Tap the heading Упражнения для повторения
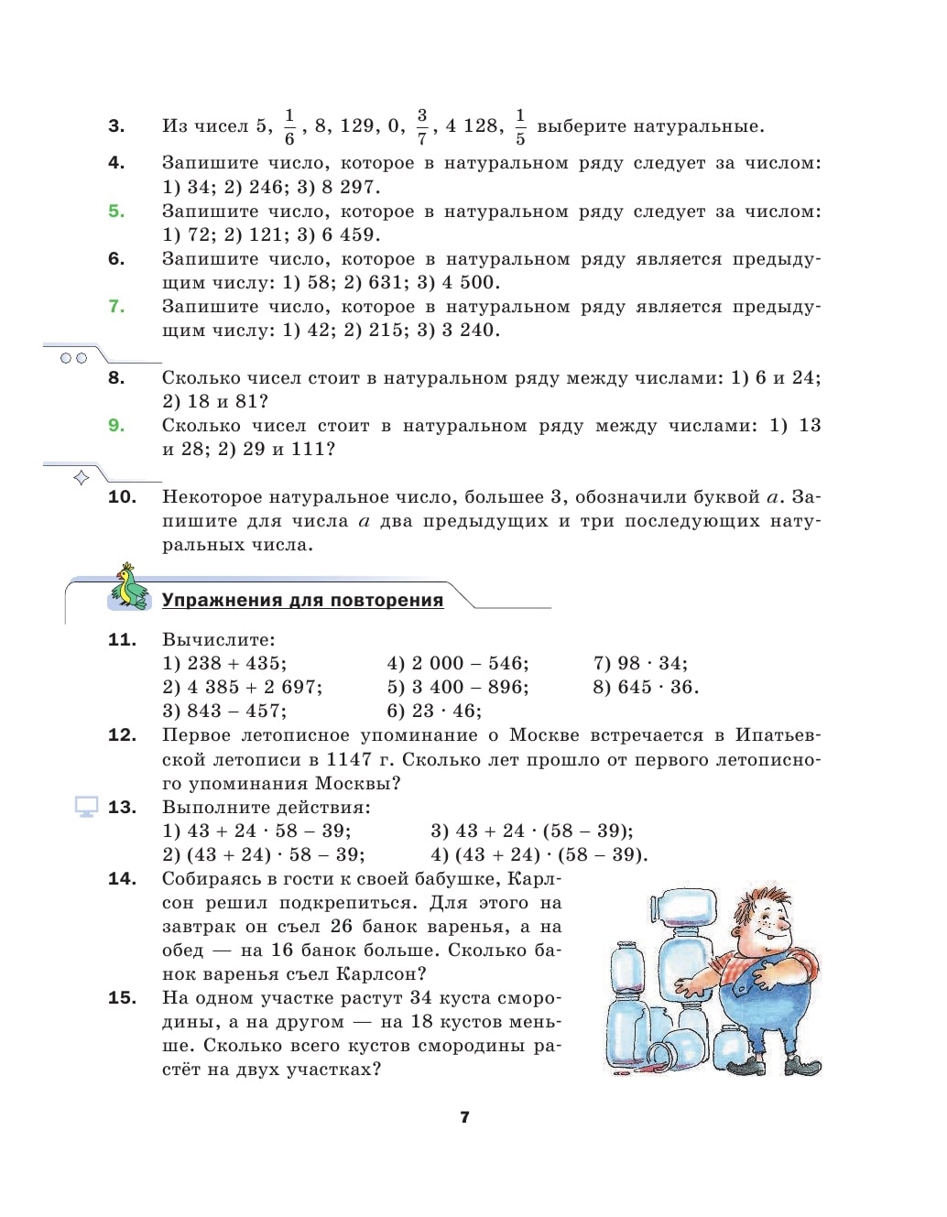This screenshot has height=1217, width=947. tap(302, 601)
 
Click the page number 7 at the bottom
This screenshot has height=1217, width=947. tap(464, 1117)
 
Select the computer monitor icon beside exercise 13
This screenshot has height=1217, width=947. tap(87, 808)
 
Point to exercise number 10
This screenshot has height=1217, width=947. tap(122, 497)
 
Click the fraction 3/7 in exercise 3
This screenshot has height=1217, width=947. tap(421, 127)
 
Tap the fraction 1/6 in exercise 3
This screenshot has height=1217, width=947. tap(289, 127)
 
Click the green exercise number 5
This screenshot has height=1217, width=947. tap(116, 212)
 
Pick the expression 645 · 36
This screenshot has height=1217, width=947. tap(646, 687)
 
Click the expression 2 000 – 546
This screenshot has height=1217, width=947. tap(458, 663)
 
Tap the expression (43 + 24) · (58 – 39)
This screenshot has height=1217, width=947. tap(539, 854)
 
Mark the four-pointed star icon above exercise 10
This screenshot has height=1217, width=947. tap(81, 477)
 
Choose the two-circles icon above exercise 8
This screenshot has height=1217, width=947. tap(73, 358)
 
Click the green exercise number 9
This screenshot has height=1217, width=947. tap(116, 426)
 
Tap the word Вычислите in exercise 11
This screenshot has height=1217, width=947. tap(218, 639)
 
